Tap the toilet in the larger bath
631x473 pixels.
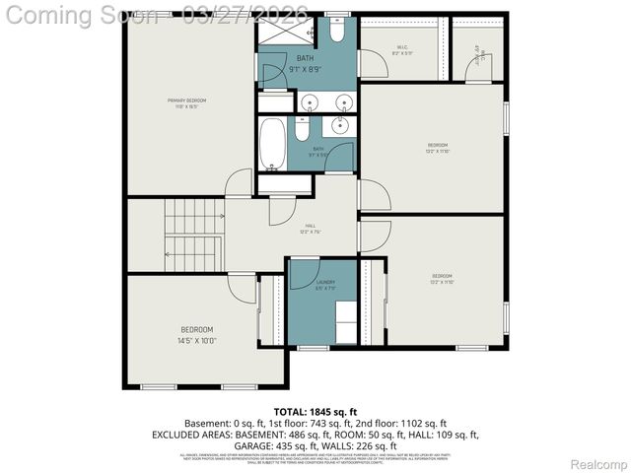[336, 33]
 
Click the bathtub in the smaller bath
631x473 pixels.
[273, 143]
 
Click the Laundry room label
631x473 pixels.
[324, 285]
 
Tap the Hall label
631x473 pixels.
[311, 227]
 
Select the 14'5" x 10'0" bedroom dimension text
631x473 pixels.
[196, 341]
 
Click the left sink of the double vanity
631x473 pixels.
[312, 102]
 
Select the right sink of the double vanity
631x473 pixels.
[344, 102]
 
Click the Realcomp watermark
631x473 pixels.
[599, 463]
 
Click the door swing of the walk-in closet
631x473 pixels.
[374, 65]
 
